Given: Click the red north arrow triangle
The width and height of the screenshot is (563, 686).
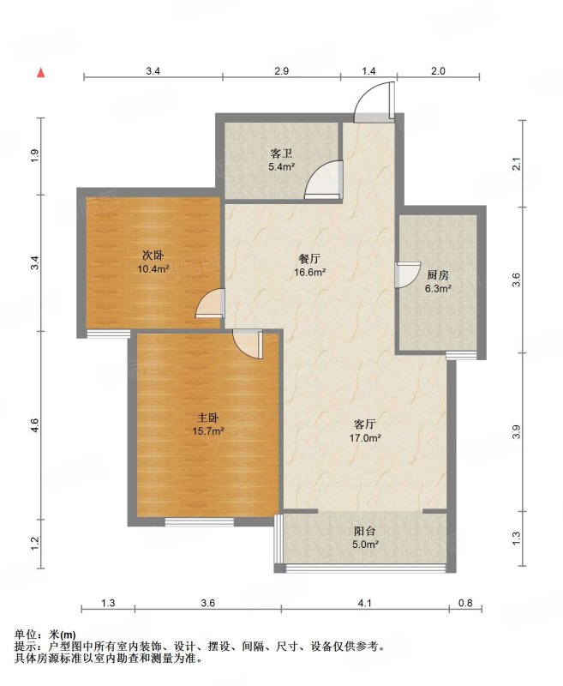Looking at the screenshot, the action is [x=40, y=73].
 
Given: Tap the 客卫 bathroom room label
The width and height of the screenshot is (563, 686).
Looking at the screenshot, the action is [x=281, y=153].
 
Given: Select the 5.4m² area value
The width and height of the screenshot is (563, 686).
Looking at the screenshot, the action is [x=281, y=166].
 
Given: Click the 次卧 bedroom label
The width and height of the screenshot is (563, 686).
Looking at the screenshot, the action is [x=153, y=256].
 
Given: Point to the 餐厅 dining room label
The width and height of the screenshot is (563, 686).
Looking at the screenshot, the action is [x=309, y=259].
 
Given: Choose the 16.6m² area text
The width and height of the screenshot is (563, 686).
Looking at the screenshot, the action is [x=309, y=273].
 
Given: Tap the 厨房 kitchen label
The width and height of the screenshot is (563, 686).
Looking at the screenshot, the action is [x=438, y=275].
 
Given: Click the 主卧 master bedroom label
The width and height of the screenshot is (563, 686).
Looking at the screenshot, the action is [x=208, y=418].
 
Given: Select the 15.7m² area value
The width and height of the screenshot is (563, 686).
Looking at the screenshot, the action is [x=208, y=431].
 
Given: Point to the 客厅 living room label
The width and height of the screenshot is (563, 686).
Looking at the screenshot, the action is [x=364, y=424].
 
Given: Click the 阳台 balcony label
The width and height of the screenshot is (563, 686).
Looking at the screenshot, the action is [x=364, y=531].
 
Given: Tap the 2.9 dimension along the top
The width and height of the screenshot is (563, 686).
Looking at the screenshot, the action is [x=281, y=70].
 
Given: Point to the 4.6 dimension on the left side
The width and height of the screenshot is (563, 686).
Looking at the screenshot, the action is [x=35, y=425].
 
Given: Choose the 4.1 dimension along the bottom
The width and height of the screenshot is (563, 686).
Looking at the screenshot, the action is [x=364, y=603].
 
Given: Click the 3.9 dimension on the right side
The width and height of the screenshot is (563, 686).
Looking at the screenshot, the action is [x=516, y=432].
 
